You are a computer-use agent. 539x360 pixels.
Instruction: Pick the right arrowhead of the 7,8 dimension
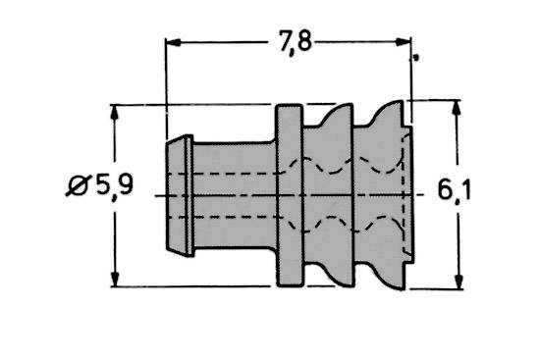click(402, 42)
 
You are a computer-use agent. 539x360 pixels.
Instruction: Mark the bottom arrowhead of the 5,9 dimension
click(117, 280)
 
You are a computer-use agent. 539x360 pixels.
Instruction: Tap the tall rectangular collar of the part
click(290, 195)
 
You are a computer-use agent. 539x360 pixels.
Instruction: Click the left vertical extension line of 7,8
click(167, 88)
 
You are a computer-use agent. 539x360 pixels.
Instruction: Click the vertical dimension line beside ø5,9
click(117, 235)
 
